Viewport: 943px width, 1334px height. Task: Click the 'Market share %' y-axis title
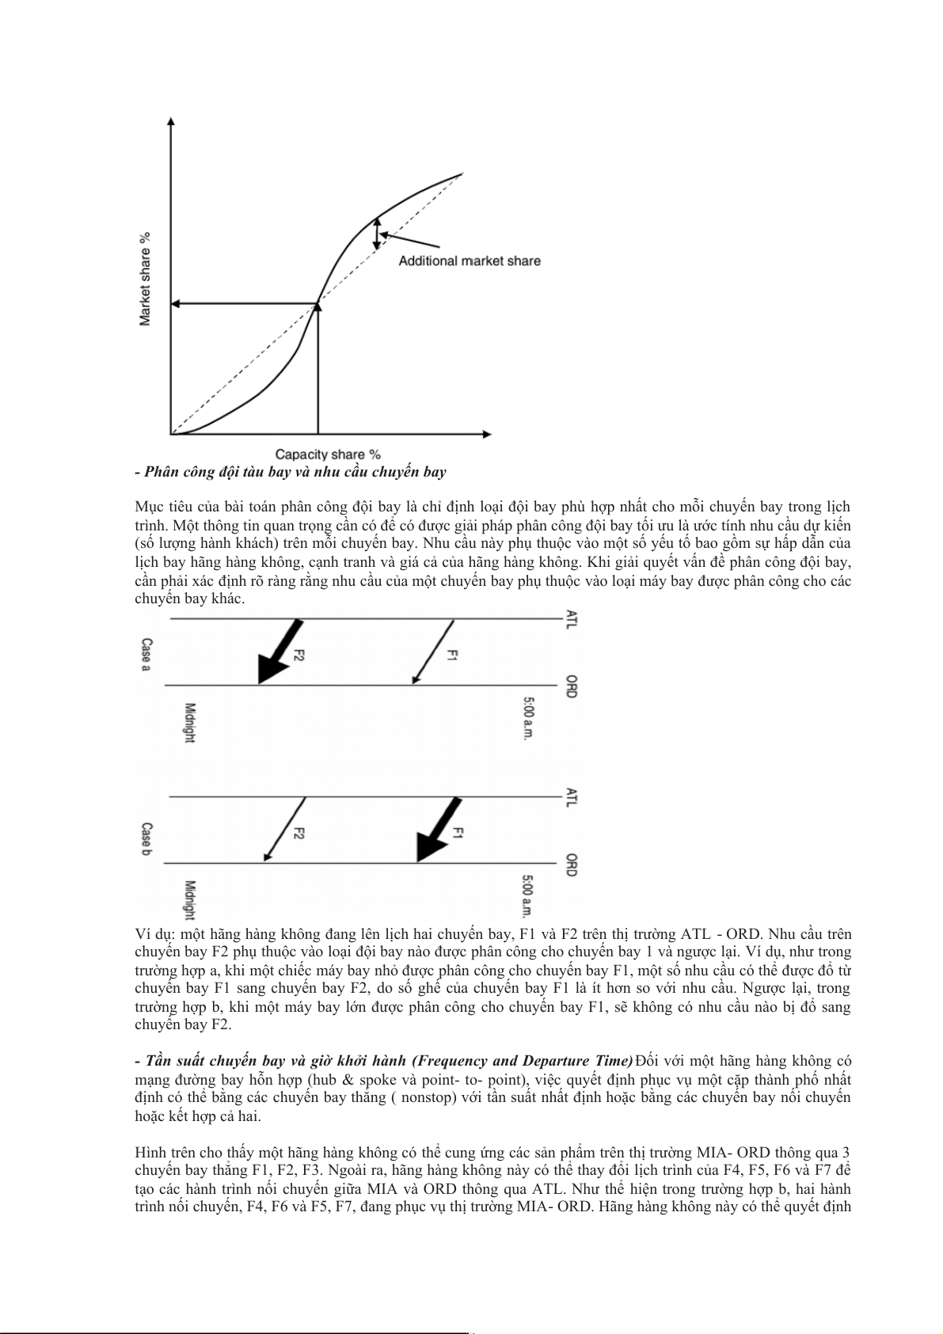click(x=145, y=279)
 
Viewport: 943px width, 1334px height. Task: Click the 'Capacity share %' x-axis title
click(x=328, y=454)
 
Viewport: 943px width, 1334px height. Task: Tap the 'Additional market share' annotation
click(x=470, y=261)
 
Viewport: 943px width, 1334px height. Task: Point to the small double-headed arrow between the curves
click(x=377, y=234)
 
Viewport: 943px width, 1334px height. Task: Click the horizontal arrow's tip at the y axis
click(x=175, y=303)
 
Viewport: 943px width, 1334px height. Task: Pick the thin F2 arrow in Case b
click(x=284, y=830)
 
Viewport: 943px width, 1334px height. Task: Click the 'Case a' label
click(x=146, y=654)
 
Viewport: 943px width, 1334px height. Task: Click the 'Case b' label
click(x=146, y=840)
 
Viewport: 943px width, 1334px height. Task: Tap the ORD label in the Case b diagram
click(x=572, y=865)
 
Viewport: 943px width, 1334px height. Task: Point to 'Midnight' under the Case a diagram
click(x=189, y=723)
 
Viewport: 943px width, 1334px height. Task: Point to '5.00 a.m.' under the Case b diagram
click(x=529, y=896)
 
